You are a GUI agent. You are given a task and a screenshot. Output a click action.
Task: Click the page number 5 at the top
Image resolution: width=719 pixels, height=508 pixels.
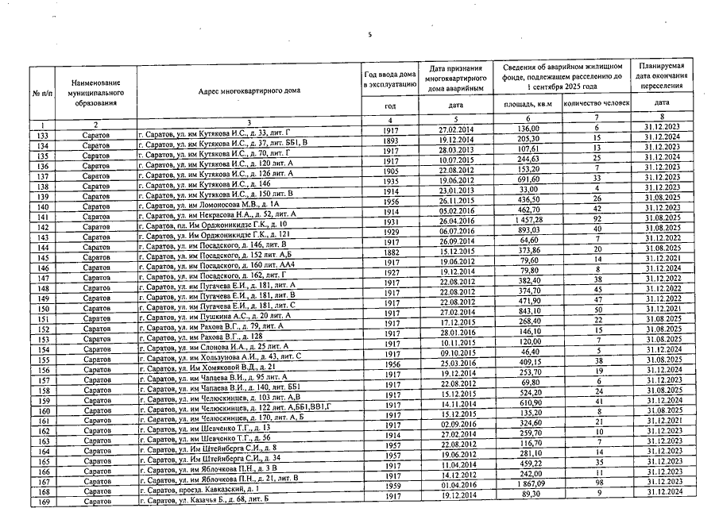(369, 34)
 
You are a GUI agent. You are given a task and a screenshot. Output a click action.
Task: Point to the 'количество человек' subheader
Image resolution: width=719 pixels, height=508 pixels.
(596, 104)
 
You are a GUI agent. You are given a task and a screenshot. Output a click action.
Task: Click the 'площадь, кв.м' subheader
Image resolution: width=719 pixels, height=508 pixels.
(528, 104)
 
